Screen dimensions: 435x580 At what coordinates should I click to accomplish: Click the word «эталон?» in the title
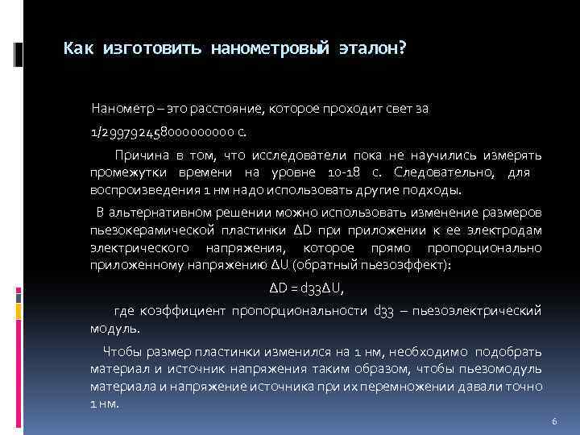point(372,49)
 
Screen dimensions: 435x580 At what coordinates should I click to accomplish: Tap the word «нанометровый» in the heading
point(271,49)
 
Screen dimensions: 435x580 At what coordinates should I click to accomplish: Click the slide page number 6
point(554,422)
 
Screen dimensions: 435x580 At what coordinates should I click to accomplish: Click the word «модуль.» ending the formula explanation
point(115,329)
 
